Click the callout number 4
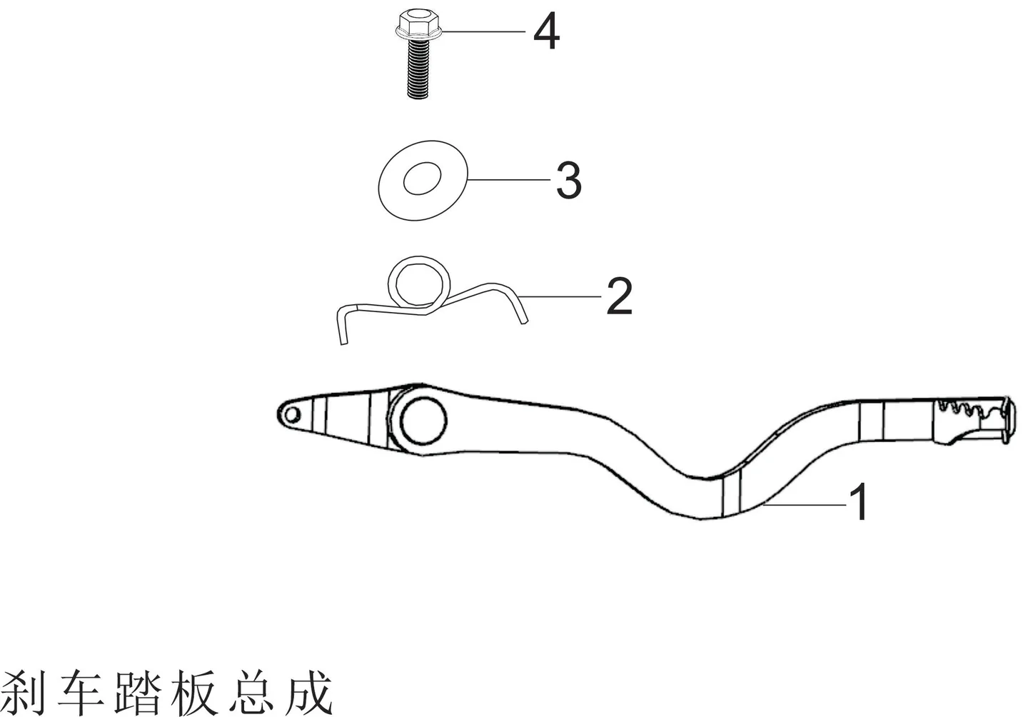click(546, 31)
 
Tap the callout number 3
click(569, 180)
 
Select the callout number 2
click(619, 296)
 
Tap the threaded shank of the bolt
click(418, 69)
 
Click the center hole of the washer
click(422, 178)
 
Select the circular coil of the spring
click(418, 281)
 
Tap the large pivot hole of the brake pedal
click(423, 421)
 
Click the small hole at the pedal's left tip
click(291, 416)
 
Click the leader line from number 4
click(484, 31)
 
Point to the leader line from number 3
click(508, 179)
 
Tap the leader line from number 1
click(806, 505)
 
